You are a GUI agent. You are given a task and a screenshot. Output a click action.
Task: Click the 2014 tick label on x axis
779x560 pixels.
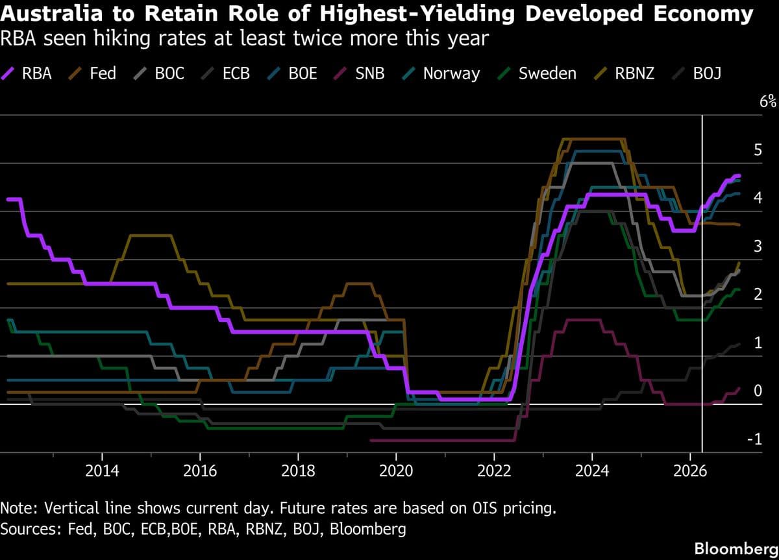[102, 470]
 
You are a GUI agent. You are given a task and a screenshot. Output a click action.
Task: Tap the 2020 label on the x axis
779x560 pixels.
[396, 470]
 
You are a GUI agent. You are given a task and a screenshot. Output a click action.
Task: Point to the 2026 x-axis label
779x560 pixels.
[690, 470]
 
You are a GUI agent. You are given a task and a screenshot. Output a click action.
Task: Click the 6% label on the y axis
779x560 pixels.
[767, 101]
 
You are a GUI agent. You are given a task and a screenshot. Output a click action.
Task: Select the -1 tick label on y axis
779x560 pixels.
[754, 439]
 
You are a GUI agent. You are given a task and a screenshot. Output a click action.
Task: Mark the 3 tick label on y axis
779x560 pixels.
[757, 246]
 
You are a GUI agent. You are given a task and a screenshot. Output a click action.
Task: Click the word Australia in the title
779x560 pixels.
[51, 14]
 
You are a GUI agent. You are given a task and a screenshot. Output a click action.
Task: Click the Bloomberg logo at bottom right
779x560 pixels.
[736, 548]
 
